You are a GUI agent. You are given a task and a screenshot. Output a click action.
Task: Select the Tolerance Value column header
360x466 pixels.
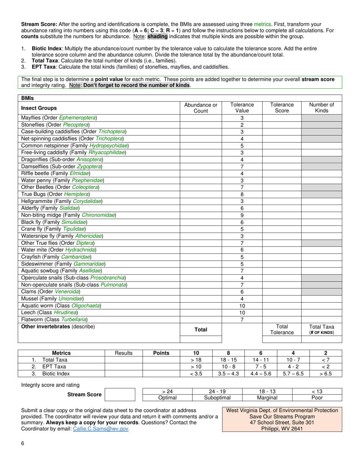point(242,108)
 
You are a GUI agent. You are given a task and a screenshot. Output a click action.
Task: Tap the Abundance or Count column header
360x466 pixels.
point(200,108)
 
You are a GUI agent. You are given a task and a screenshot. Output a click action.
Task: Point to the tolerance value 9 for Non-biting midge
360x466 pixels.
point(242,215)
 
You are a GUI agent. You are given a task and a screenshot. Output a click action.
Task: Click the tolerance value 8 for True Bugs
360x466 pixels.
point(242,194)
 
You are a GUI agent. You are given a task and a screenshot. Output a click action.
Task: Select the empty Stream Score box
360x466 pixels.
point(120,394)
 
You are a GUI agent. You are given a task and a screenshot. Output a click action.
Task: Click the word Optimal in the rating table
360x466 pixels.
point(167,398)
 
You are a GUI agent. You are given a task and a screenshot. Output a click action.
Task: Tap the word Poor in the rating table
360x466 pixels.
point(317,398)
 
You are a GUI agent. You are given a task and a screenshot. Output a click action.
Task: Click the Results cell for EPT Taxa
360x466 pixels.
point(124,367)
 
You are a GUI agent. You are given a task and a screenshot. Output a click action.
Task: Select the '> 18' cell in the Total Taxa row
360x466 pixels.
point(196,360)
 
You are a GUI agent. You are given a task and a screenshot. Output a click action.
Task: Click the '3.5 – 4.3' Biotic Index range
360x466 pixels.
point(228,374)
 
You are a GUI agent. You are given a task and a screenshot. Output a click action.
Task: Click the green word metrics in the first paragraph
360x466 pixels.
point(262,24)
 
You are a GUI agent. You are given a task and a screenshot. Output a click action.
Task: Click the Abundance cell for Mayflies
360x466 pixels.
point(200,118)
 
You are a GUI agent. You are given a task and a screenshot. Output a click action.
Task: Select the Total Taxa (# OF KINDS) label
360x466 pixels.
point(321,329)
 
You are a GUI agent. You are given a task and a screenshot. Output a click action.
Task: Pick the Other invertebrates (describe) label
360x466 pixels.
point(58,326)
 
